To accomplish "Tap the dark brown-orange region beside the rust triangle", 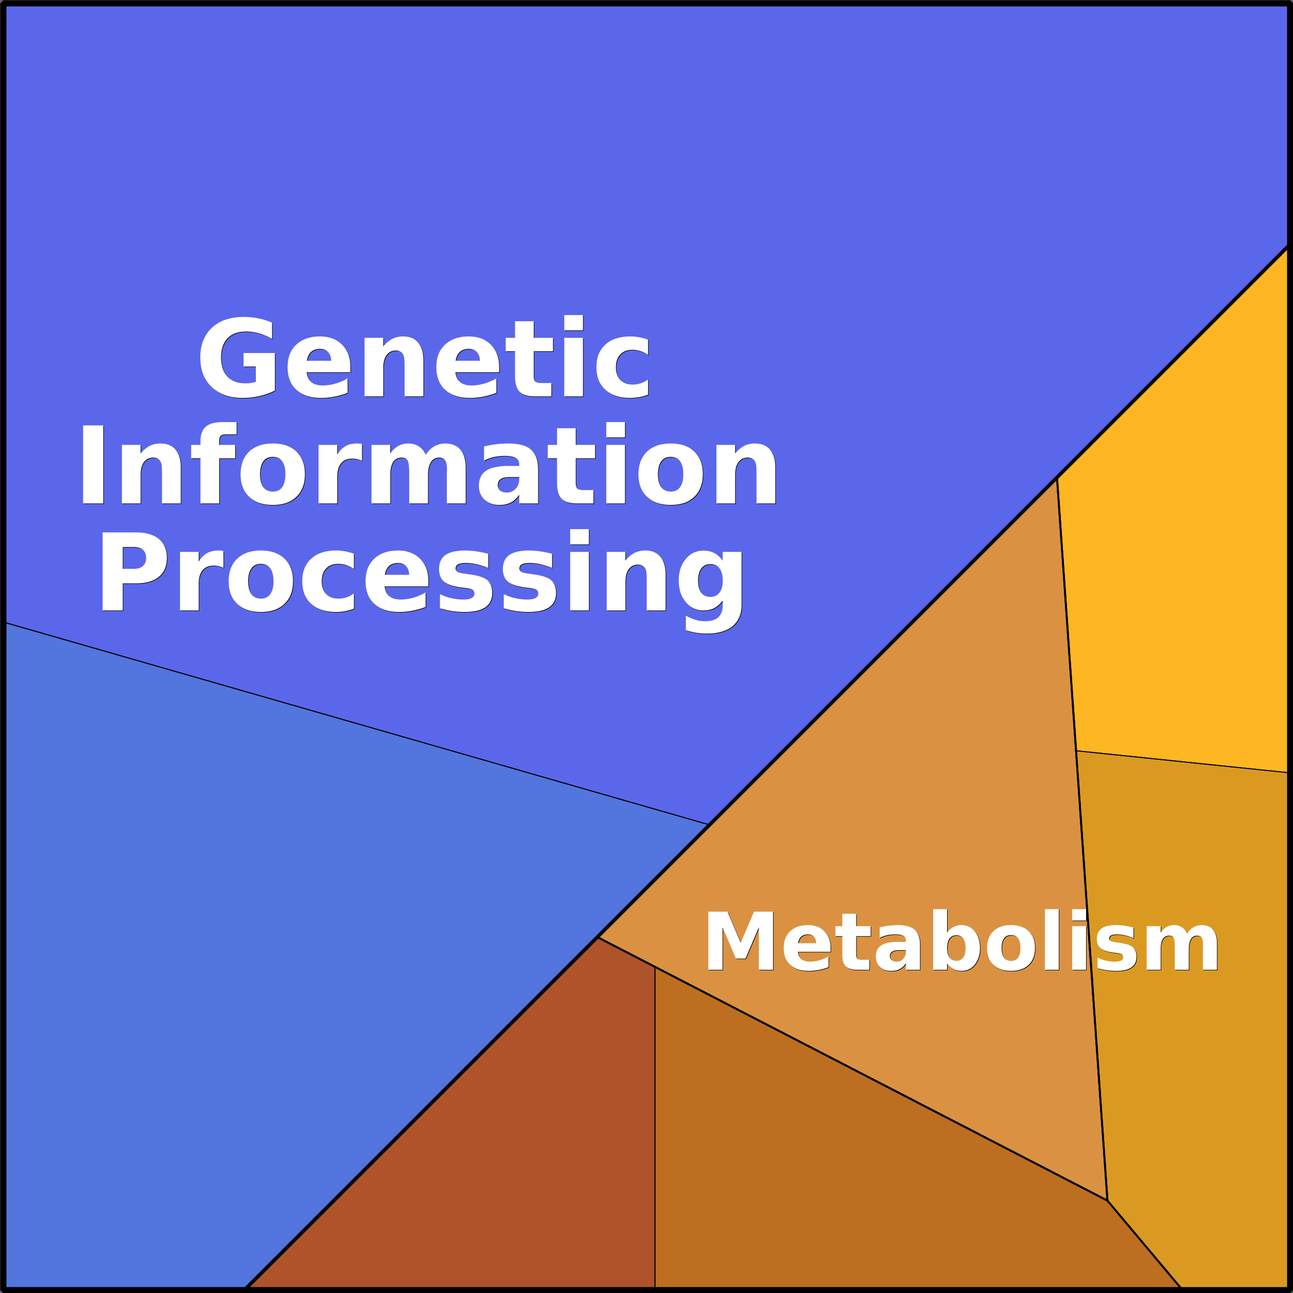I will coord(836,1171).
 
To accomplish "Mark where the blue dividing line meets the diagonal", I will coord(708,824).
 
